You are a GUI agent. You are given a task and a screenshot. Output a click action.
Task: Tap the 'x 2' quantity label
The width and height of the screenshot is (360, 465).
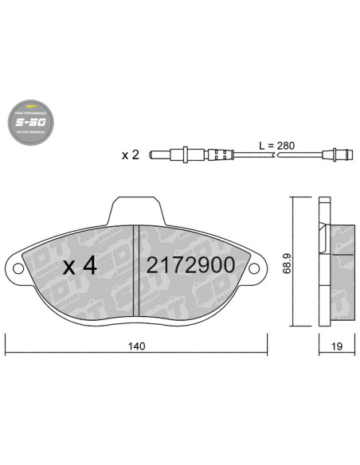coord(130,154)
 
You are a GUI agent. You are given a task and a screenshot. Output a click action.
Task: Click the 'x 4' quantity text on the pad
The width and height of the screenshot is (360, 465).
coord(79,266)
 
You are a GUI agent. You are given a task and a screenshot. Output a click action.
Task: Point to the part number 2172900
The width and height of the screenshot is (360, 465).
coord(190,266)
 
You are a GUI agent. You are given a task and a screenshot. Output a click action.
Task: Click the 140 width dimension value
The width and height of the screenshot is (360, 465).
coord(136,346)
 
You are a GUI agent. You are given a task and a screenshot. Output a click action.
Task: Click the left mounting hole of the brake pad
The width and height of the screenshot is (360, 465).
coord(16,268)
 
